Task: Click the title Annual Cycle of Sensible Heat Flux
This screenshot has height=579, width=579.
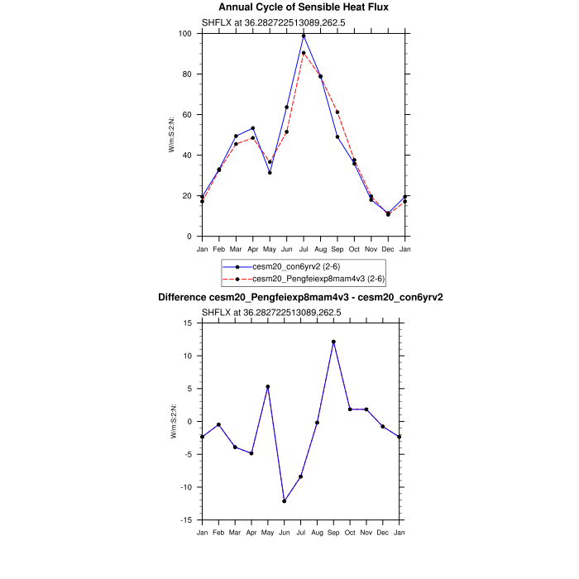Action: point(304,7)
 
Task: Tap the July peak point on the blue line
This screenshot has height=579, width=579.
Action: point(304,36)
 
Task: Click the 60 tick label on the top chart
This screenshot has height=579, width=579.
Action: point(187,115)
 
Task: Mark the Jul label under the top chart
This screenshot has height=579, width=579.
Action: point(304,248)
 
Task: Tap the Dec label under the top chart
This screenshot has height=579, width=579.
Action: point(388,248)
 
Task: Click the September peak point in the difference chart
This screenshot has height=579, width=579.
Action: point(333,342)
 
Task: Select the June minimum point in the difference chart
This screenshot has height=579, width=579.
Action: point(284,500)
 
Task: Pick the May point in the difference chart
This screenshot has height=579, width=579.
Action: point(268,386)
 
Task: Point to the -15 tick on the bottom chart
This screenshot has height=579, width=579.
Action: point(187,520)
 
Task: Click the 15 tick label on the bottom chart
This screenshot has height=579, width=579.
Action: point(188,323)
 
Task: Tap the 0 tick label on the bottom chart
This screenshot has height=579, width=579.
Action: point(189,422)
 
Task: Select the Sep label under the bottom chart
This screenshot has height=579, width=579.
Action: point(333,532)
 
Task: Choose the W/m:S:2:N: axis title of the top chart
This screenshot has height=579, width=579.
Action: point(172,135)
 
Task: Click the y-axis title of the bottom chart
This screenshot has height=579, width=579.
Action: point(172,421)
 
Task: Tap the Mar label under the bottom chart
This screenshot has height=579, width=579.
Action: point(235,532)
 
